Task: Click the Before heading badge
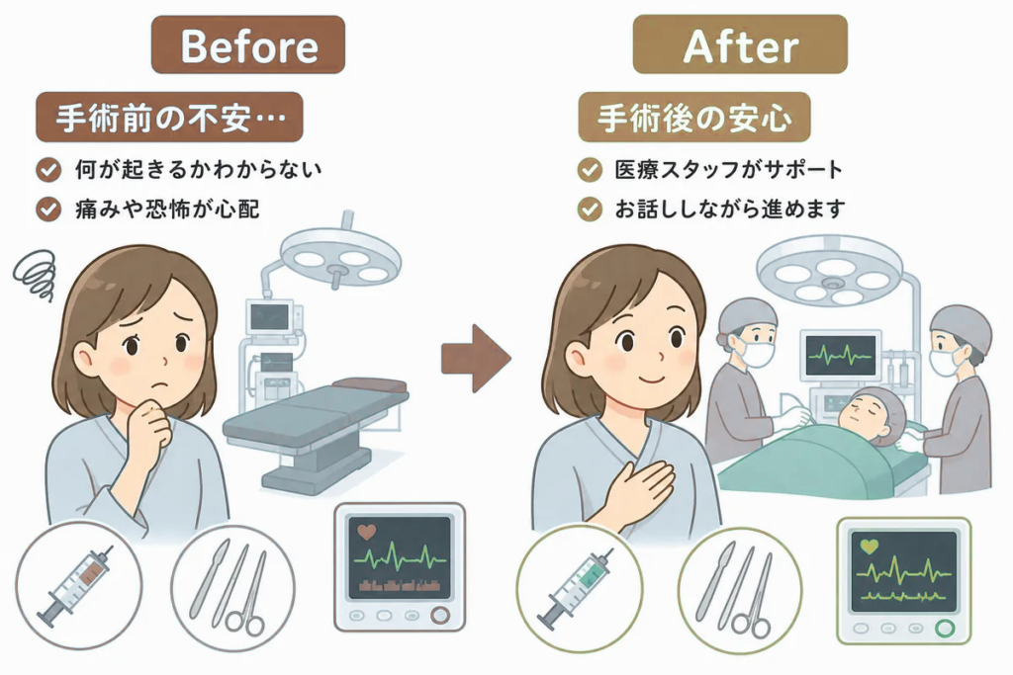point(248,44)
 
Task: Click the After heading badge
point(740,44)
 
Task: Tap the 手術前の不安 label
point(169,117)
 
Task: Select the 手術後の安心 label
point(693,117)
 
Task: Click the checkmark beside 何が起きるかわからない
point(48,170)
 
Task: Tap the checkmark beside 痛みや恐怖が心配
point(48,210)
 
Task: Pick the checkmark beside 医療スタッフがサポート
point(590,170)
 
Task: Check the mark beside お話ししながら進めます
point(590,210)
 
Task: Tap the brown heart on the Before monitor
point(366,533)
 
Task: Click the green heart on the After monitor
point(870,547)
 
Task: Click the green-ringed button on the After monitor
point(945,628)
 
